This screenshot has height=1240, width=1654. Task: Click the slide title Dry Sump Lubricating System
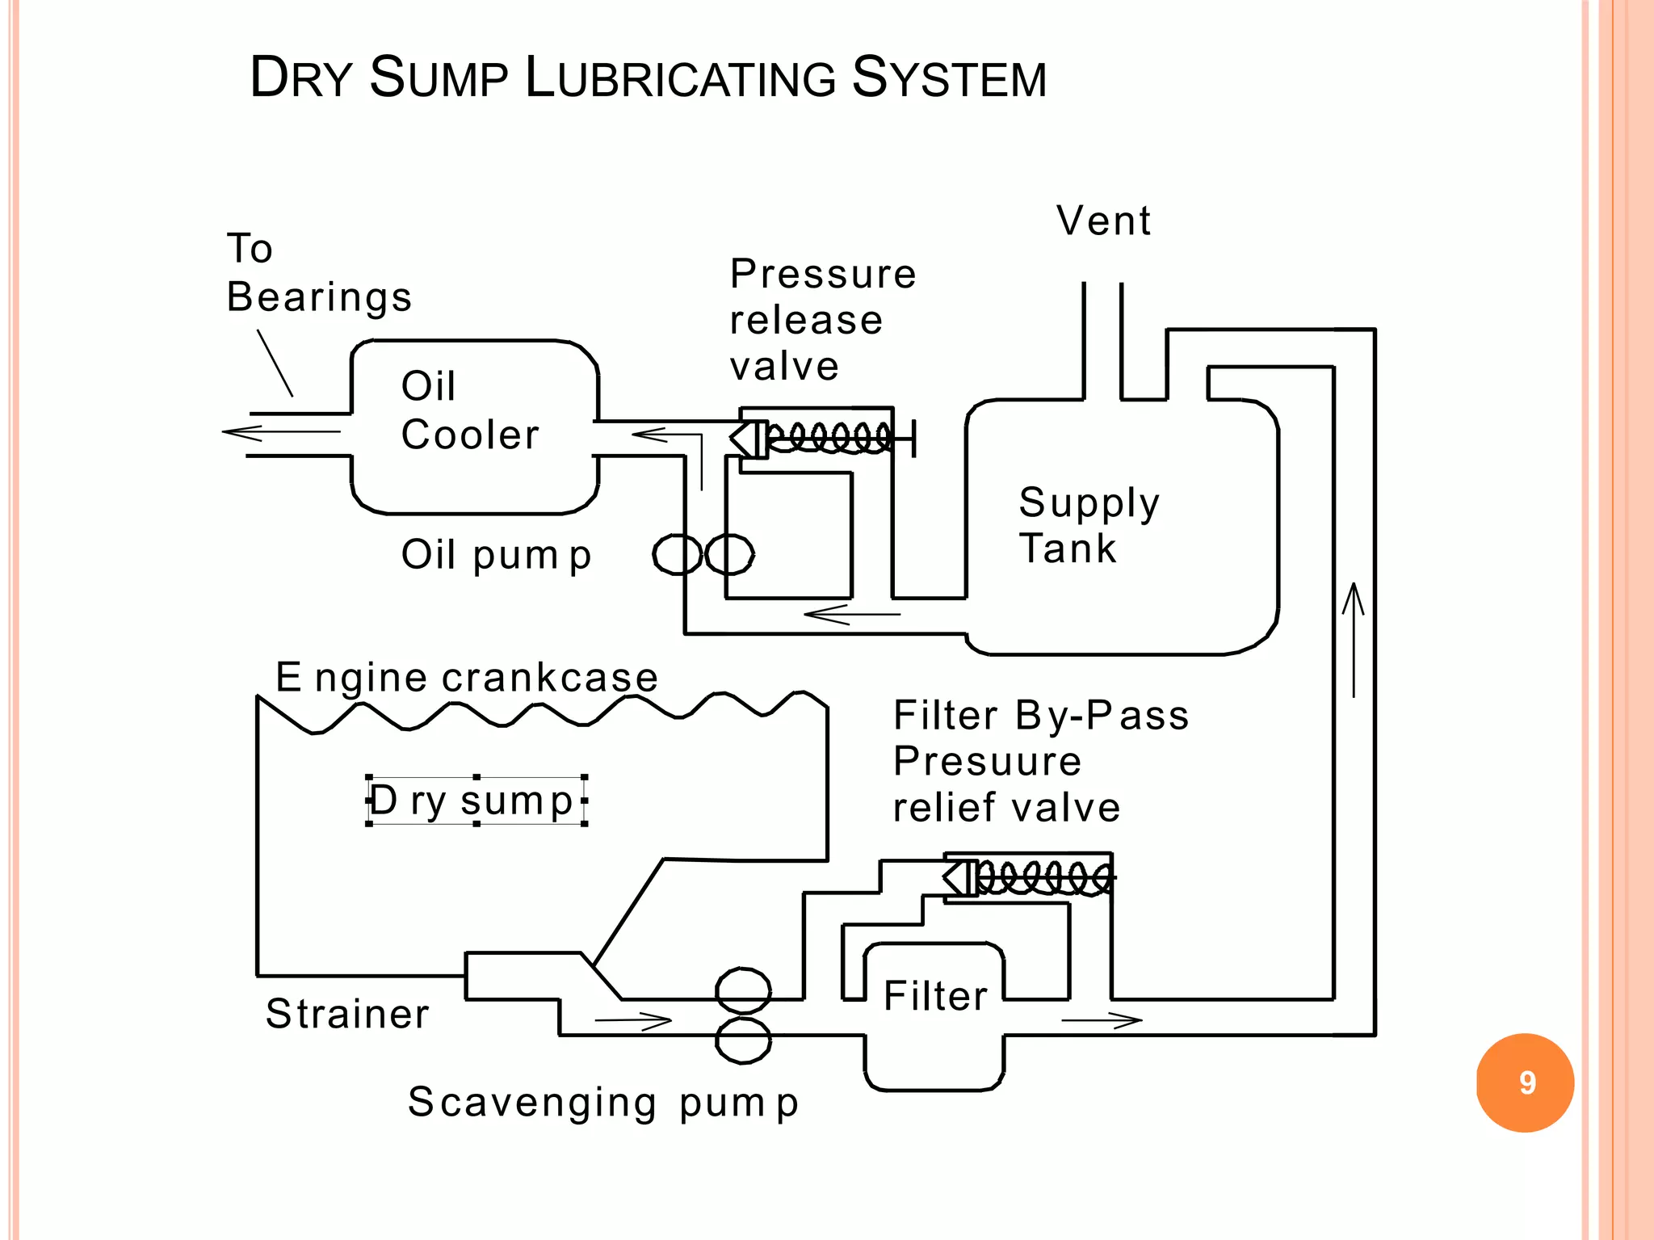click(x=648, y=78)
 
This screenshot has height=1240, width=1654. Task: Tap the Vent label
click(x=1103, y=221)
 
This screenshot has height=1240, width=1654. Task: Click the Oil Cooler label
click(x=468, y=410)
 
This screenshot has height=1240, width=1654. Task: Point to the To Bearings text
click(x=318, y=272)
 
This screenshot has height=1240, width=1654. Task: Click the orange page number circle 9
click(x=1525, y=1082)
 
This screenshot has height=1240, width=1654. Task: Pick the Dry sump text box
click(x=476, y=801)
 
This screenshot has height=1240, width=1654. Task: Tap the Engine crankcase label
click(x=466, y=677)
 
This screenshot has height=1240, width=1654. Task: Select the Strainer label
click(x=347, y=1014)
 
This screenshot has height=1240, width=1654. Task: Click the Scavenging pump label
click(x=602, y=1103)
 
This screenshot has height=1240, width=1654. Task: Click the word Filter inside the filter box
click(x=935, y=996)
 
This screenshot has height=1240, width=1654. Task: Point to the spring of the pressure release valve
click(x=829, y=438)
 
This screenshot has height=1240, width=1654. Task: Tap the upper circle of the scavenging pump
click(x=743, y=990)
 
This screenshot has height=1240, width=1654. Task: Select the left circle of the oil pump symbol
click(x=677, y=554)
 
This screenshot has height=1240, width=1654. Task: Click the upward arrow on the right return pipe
click(x=1354, y=638)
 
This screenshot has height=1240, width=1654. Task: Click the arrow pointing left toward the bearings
click(x=281, y=433)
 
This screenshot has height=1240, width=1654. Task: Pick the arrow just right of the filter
click(x=1102, y=1020)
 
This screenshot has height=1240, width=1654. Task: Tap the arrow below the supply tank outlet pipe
click(x=851, y=615)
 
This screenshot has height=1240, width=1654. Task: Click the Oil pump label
click(x=496, y=555)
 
